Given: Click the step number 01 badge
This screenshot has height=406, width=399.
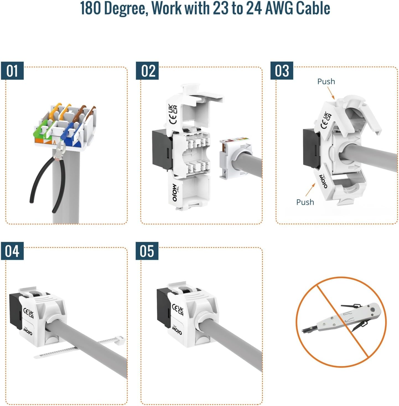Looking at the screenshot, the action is click(x=12, y=71).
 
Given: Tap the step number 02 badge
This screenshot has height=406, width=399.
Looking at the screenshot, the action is click(x=147, y=71).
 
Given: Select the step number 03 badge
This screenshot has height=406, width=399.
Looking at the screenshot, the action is click(x=282, y=71).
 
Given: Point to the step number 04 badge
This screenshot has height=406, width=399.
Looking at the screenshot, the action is click(x=12, y=251).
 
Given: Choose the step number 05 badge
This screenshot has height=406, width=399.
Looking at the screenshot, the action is click(x=147, y=251).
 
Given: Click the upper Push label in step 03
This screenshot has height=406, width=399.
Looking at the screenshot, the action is click(x=326, y=81).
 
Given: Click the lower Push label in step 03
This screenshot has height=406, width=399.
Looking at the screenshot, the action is click(x=305, y=202).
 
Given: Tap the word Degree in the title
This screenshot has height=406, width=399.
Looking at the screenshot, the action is click(x=126, y=9).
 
